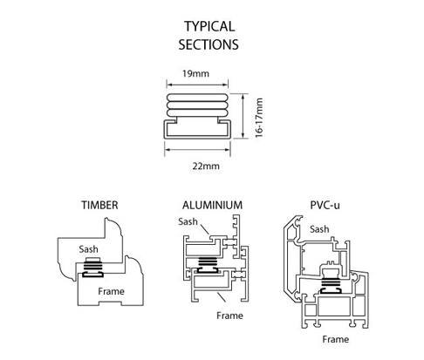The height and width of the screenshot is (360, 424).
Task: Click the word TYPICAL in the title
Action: pyautogui.click(x=209, y=26)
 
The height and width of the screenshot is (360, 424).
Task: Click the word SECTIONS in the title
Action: pyautogui.click(x=209, y=44)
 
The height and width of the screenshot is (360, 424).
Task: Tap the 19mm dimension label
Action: pyautogui.click(x=195, y=73)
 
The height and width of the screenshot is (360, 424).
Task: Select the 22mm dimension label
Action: pyautogui.click(x=206, y=166)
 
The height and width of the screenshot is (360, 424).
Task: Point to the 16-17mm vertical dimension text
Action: pyautogui.click(x=259, y=118)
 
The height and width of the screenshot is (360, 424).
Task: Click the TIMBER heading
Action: pyautogui.click(x=99, y=205)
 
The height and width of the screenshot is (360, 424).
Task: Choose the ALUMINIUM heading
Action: pyautogui.click(x=212, y=205)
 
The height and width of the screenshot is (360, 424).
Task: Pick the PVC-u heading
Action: pyautogui.click(x=325, y=205)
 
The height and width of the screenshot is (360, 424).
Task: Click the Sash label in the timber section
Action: pyautogui.click(x=88, y=249)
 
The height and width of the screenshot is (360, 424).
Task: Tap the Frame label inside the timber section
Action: pyautogui.click(x=111, y=291)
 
